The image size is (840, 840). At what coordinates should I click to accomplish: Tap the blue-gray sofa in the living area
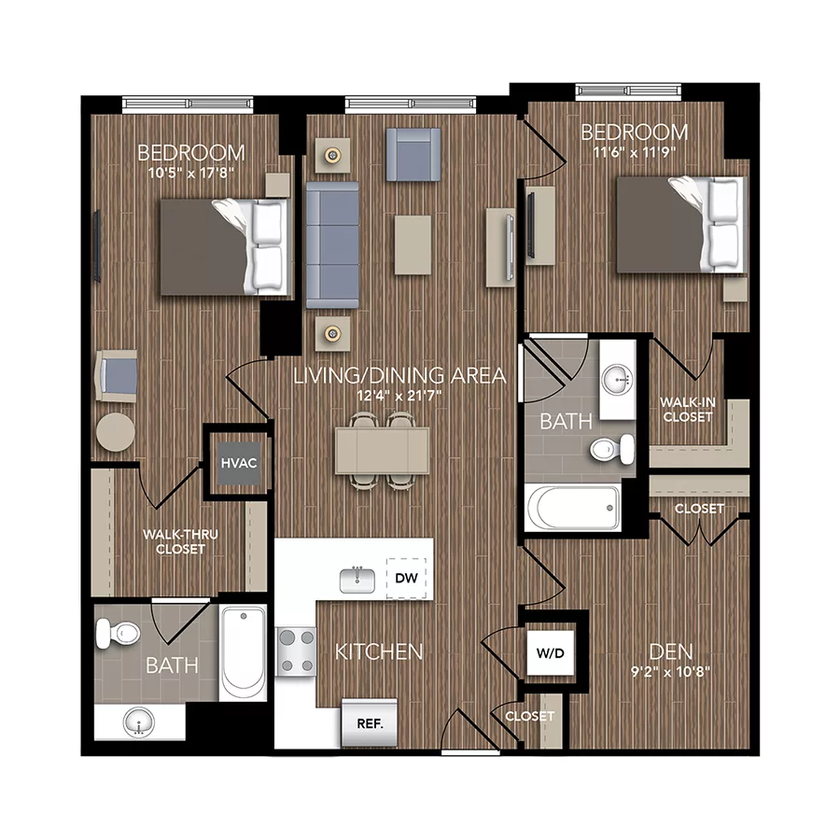click(332, 245)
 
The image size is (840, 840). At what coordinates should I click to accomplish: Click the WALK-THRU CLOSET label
click(174, 541)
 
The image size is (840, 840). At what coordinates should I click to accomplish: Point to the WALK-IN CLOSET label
click(687, 409)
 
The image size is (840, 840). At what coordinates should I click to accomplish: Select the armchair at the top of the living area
click(413, 154)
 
